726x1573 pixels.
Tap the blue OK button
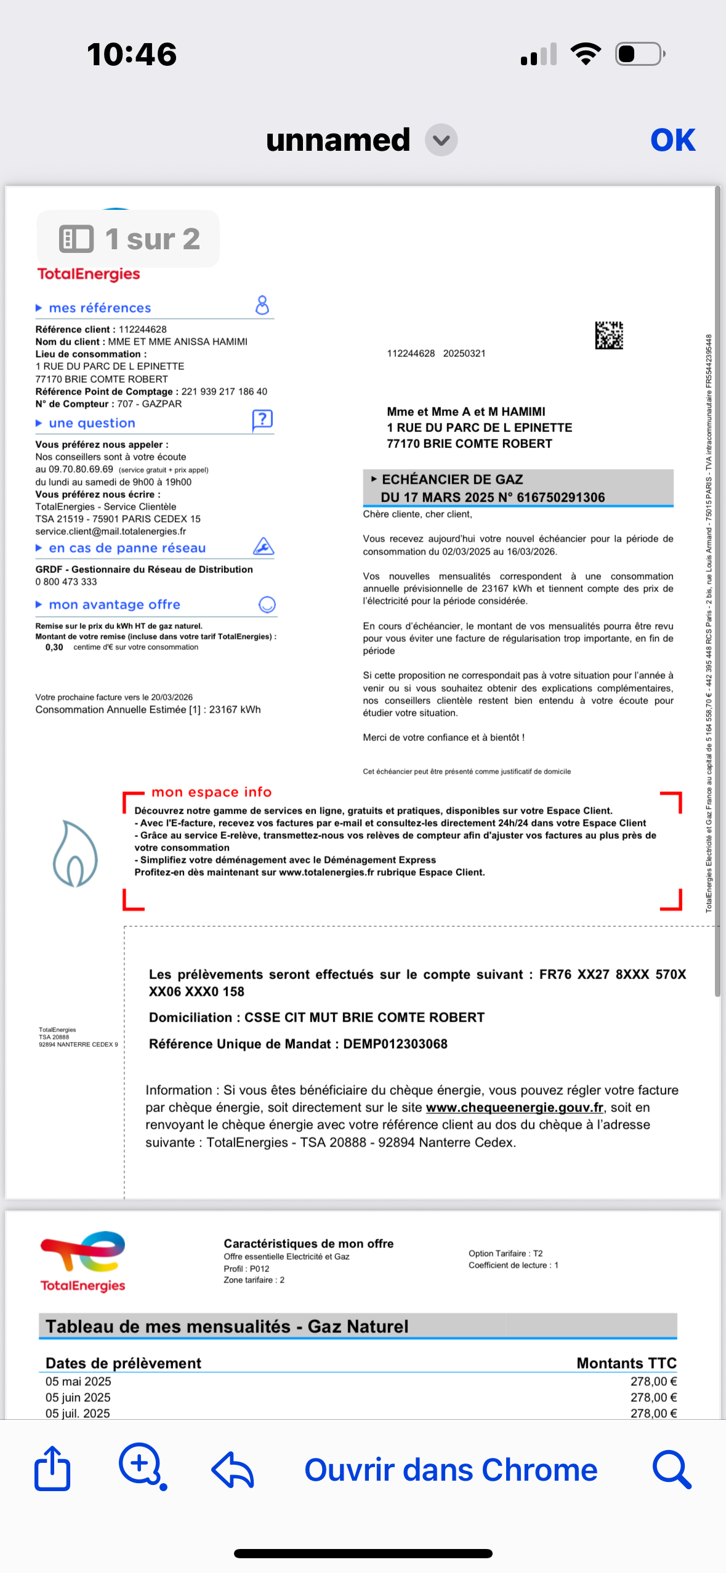(x=672, y=140)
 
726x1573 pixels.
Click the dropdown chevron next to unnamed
(x=441, y=140)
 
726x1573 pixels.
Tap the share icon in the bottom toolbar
(x=52, y=1468)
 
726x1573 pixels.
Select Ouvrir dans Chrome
(x=451, y=1470)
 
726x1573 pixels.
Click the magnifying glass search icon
(x=671, y=1470)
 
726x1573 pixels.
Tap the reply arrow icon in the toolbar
(x=233, y=1470)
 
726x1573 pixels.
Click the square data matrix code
(x=608, y=335)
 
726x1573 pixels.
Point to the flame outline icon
(x=75, y=854)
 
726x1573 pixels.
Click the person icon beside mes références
(x=262, y=305)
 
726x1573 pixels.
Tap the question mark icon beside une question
(x=262, y=420)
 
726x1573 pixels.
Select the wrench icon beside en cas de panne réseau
(x=264, y=546)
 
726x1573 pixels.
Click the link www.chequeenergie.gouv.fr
(x=514, y=1107)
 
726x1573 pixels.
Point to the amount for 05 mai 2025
(x=653, y=1382)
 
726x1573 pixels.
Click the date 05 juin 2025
(x=78, y=1398)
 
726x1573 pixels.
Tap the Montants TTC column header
(x=626, y=1363)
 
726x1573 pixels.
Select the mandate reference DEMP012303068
(x=395, y=1044)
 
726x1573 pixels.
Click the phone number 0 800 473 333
(x=67, y=582)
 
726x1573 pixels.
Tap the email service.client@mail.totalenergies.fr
(x=111, y=531)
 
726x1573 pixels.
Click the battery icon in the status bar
(x=640, y=54)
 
